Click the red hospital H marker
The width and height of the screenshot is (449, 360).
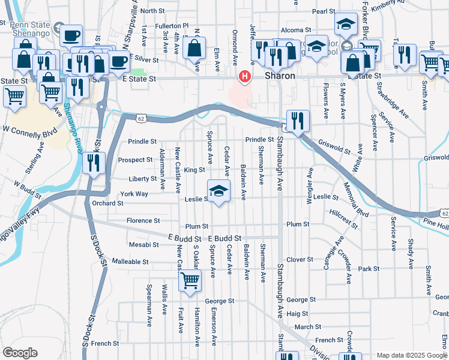pyautogui.click(x=245, y=76)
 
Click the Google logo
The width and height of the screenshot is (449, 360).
pyautogui.click(x=20, y=353)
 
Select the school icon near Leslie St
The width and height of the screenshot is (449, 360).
pyautogui.click(x=218, y=191)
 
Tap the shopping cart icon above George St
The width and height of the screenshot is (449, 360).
pyautogui.click(x=190, y=280)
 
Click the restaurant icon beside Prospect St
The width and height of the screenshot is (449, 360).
pyautogui.click(x=93, y=163)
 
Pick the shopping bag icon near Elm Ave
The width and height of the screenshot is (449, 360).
pyautogui.click(x=194, y=49)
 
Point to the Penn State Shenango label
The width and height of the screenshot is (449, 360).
pyautogui.click(x=26, y=28)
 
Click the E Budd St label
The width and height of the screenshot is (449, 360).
pyautogui.click(x=224, y=238)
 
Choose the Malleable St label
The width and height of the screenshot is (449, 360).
pyautogui.click(x=130, y=262)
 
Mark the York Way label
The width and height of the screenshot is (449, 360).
pyautogui.click(x=134, y=194)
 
